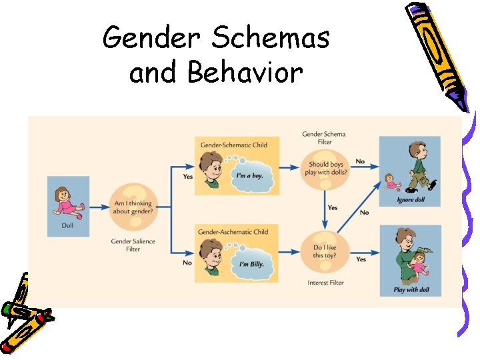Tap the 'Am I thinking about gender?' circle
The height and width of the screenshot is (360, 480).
[133, 207]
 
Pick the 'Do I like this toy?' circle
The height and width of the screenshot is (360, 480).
[325, 251]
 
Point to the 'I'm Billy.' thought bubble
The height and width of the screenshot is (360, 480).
[251, 263]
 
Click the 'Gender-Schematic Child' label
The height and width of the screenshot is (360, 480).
[234, 145]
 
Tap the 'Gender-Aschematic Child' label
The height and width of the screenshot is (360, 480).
[233, 231]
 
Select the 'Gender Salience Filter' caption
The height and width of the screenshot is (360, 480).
[133, 244]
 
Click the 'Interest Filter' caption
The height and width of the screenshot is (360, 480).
[325, 283]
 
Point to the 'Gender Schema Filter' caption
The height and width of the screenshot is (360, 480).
[324, 138]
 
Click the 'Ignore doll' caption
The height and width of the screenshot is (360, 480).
[410, 199]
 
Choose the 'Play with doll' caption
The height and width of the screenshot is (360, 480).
[410, 289]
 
